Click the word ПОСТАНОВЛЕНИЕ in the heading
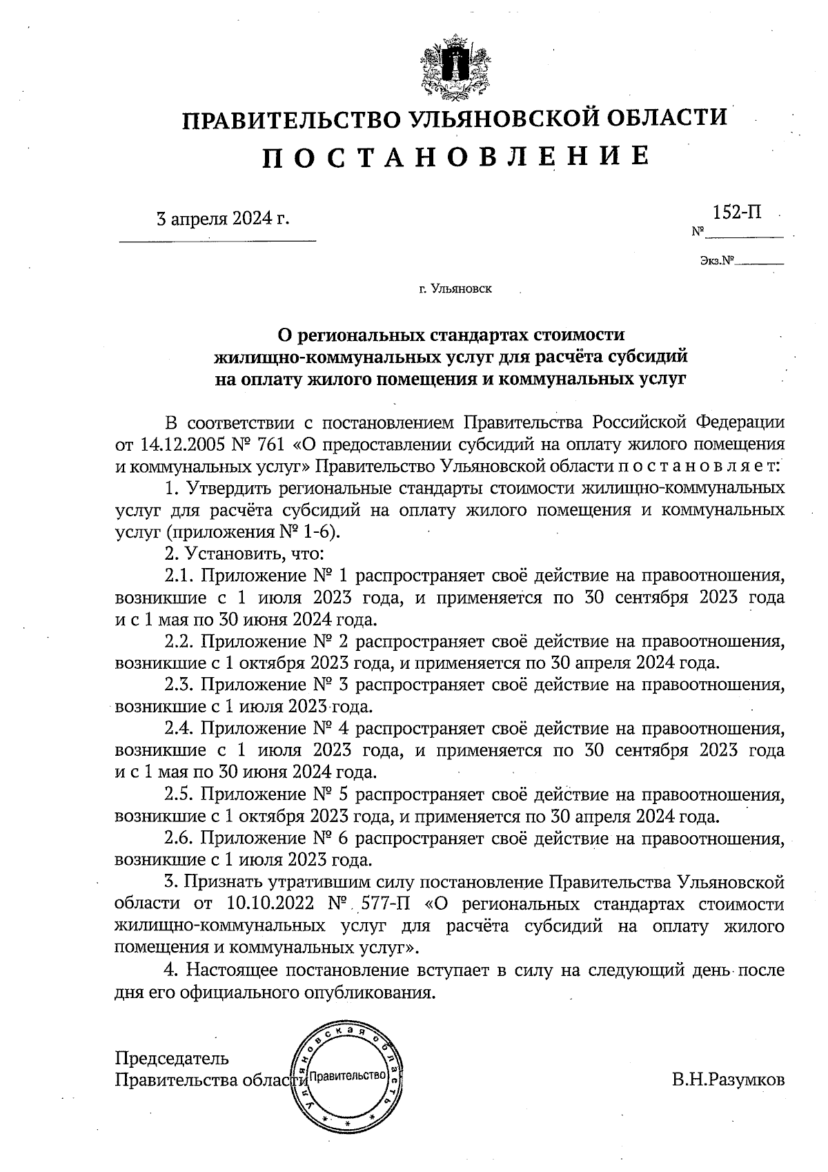[x=455, y=157]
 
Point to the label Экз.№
[x=716, y=262]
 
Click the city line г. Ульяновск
[x=455, y=289]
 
